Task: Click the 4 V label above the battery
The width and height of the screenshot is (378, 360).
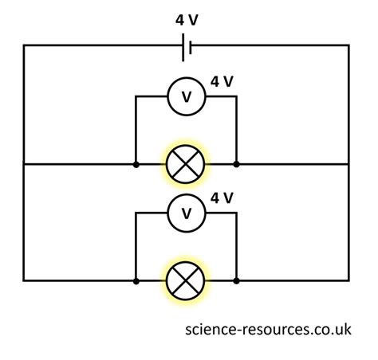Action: coord(187,20)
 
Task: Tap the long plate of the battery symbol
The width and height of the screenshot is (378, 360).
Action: coord(183,48)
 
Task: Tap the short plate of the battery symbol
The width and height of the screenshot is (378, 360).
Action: coord(191,48)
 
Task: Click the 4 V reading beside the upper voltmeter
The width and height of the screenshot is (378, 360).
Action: coord(222,81)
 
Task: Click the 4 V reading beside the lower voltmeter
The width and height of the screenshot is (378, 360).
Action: coord(222,198)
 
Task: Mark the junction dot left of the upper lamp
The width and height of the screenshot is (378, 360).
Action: coord(136,165)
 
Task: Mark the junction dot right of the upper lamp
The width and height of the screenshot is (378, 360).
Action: coord(236,165)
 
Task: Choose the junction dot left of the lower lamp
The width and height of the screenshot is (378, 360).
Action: coord(136,281)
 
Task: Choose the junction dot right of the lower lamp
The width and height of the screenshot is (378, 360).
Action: coord(236,281)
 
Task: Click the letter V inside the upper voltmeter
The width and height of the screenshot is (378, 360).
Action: coord(187,97)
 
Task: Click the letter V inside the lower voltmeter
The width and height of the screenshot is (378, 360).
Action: coord(187,213)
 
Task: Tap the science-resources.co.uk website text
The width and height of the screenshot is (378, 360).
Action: coord(268,330)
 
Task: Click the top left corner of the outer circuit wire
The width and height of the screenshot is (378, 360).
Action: coord(24,45)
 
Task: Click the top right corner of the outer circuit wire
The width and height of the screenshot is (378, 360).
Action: coord(348,45)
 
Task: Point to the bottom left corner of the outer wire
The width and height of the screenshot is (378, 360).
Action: coord(24,280)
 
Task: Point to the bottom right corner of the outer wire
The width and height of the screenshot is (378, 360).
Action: coord(348,280)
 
